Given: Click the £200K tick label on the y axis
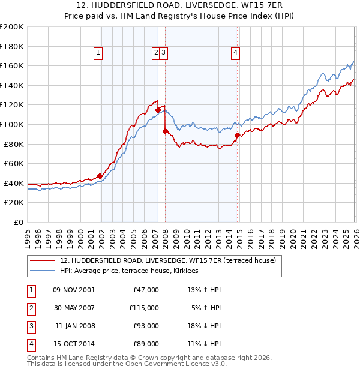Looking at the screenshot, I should [x=12, y=27].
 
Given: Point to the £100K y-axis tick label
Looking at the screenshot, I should [x=12, y=124].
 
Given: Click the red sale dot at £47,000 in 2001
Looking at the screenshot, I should [x=100, y=176].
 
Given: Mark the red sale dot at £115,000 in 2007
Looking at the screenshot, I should [x=158, y=110].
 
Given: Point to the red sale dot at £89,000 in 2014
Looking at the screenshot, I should [x=238, y=135].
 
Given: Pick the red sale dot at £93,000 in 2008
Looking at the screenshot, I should [x=165, y=131].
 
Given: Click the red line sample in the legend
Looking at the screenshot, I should [x=41, y=261].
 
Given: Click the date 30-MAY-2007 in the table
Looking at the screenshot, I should [x=74, y=308].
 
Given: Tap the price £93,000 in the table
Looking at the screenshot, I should [x=144, y=326].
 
